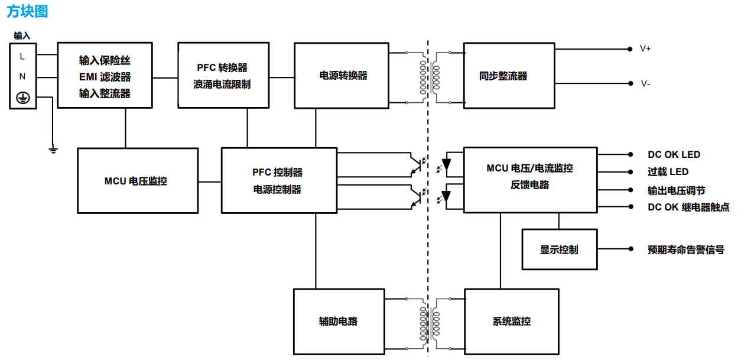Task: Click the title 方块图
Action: tap(27, 11)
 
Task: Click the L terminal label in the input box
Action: tap(22, 57)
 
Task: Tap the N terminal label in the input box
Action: tap(22, 76)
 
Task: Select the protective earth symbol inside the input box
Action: tap(22, 98)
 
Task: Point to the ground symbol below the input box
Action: tap(53, 150)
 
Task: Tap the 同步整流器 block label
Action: tap(503, 76)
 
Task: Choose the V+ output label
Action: tap(645, 48)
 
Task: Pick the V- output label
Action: tap(645, 84)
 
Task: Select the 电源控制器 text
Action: tap(277, 190)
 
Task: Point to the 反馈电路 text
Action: tap(529, 185)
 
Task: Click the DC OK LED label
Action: tap(674, 155)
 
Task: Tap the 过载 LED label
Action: tap(668, 172)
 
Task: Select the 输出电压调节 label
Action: tap(676, 190)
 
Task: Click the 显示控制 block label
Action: tap(559, 249)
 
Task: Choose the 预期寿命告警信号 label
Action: tap(685, 249)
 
